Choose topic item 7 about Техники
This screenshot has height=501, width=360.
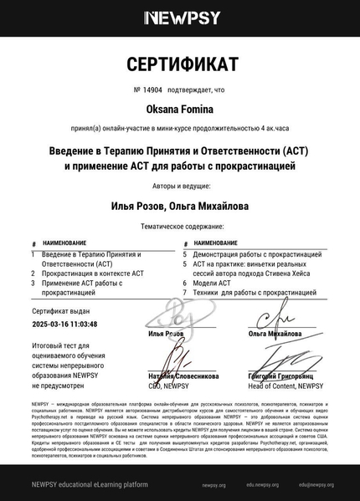[243, 293]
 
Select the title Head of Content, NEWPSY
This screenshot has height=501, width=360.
[285, 386]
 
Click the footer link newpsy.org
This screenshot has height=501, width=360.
[213, 485]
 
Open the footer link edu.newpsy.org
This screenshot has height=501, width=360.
[262, 485]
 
